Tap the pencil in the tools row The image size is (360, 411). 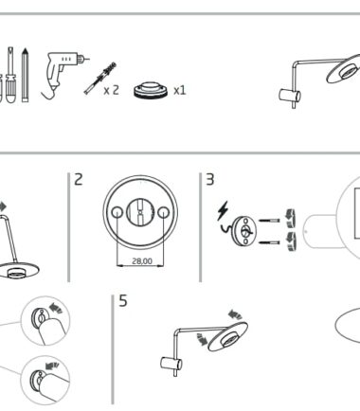tap(25, 75)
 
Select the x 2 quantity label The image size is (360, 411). tap(112, 90)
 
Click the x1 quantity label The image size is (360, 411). tap(180, 91)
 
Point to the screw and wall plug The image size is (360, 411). tap(100, 79)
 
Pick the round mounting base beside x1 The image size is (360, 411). tap(151, 90)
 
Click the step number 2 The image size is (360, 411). tap(78, 179)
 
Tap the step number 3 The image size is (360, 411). tap(210, 179)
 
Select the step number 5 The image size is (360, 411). tap(123, 300)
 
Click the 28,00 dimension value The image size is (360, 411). tap(142, 261)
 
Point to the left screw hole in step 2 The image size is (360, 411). tap(117, 212)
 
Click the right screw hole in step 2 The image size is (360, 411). tap(163, 212)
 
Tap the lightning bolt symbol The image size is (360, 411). tap(223, 210)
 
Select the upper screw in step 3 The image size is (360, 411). tap(269, 221)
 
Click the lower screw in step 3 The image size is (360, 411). tap(269, 242)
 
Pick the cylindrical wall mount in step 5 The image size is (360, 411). tap(171, 364)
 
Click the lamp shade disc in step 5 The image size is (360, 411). tap(227, 336)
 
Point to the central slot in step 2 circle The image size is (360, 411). tap(140, 212)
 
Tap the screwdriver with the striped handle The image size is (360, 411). tap(10, 75)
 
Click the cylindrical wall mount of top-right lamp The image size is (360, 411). tap(290, 96)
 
